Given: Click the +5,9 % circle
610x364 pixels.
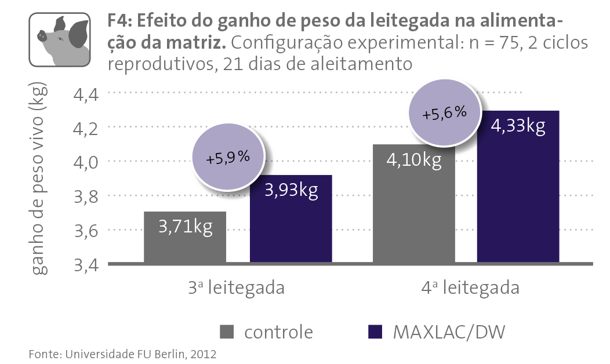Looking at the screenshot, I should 228,157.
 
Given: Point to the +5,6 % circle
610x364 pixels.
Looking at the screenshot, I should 445,114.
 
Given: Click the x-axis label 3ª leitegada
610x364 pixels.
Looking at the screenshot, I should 236,287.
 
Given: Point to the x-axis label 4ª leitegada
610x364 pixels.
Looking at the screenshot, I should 470,287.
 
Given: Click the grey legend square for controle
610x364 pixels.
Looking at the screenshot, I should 227,332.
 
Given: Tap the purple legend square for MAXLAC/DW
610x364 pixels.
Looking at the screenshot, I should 376,332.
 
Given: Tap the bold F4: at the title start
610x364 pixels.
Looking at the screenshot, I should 121,23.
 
